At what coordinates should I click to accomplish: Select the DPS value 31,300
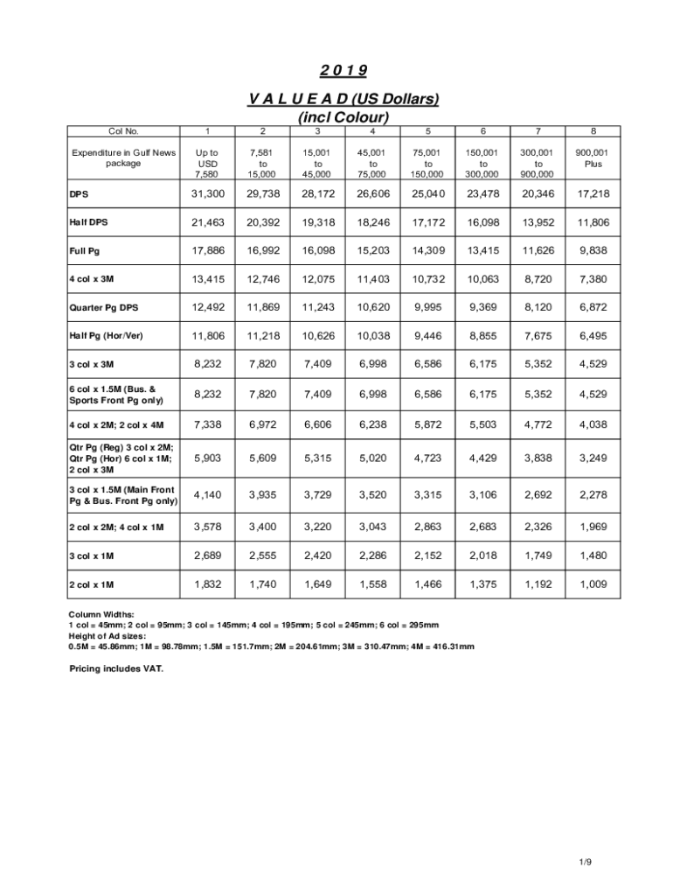click(x=208, y=194)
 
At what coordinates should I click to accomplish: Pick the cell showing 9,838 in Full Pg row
click(x=593, y=251)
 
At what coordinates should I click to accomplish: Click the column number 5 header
click(x=428, y=131)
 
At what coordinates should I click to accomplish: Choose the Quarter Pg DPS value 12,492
click(x=208, y=307)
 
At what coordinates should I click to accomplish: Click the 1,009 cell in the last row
click(x=593, y=584)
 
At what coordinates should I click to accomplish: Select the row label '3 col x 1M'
click(x=92, y=556)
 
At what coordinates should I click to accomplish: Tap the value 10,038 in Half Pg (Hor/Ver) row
click(x=373, y=335)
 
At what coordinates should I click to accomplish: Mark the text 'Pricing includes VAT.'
click(x=116, y=668)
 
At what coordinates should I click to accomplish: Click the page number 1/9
click(x=585, y=863)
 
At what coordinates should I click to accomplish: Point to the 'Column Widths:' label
click(x=101, y=615)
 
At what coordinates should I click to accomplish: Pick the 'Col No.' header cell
click(x=123, y=131)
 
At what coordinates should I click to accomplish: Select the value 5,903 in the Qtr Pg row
click(x=208, y=457)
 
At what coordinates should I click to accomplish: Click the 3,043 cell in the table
click(x=373, y=527)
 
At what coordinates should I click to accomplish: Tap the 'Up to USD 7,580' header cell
click(x=208, y=163)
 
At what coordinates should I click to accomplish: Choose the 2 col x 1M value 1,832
click(x=208, y=584)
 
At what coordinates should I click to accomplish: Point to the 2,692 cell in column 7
click(x=538, y=495)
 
